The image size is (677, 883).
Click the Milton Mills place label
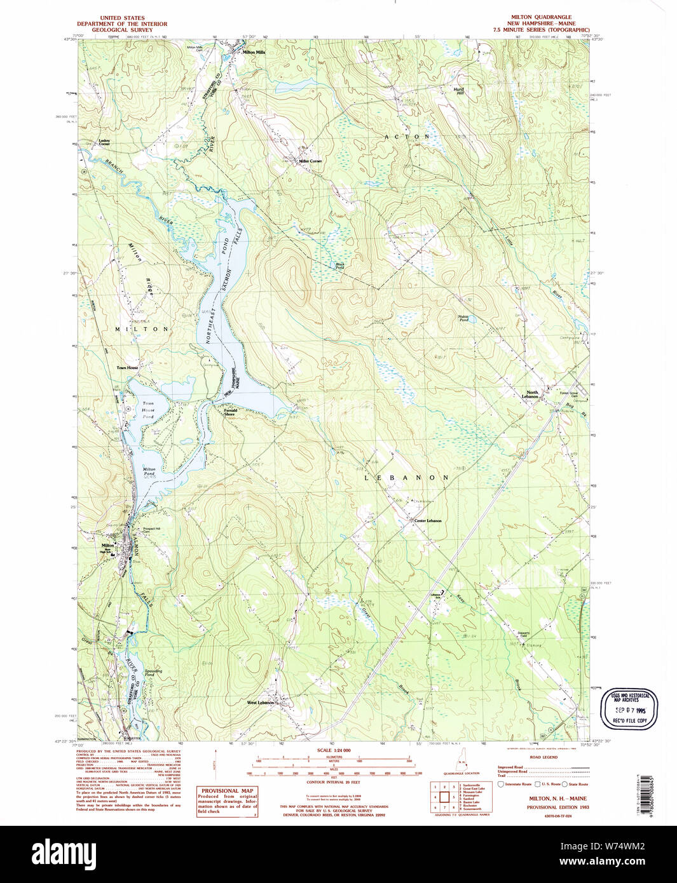click(254, 52)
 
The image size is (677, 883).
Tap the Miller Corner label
click(310, 161)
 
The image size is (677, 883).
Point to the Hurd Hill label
click(458, 91)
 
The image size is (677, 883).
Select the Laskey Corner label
click(104, 142)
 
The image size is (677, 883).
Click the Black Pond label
click(340, 266)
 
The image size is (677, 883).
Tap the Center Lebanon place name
click(427, 521)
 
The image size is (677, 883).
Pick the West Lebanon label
click(261, 703)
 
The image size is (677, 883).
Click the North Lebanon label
click(530, 394)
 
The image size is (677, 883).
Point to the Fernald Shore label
click(230, 412)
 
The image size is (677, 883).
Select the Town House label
click(127, 368)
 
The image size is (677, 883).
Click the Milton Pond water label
click(149, 472)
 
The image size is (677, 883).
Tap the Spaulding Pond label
click(153, 672)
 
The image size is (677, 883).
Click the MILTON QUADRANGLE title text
click(541, 17)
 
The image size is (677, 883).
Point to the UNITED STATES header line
click(122, 18)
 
